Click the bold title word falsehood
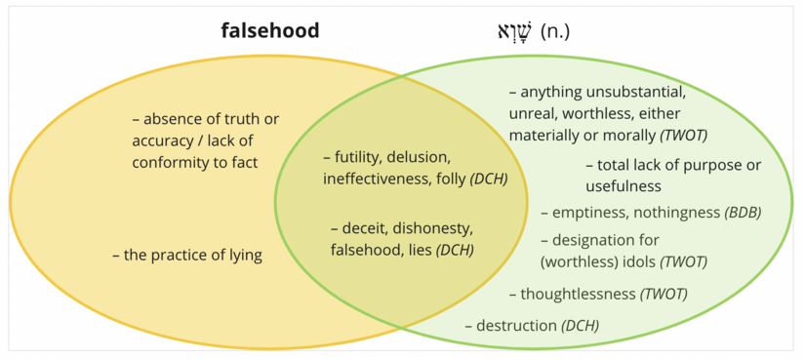[270, 30]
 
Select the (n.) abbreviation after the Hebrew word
[554, 31]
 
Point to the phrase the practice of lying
[193, 256]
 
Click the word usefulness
[624, 185]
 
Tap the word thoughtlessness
[578, 293]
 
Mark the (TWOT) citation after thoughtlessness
[664, 293]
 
